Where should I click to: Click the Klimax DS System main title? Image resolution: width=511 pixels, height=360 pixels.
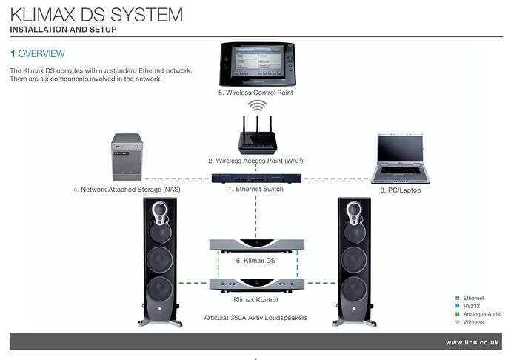point(96,14)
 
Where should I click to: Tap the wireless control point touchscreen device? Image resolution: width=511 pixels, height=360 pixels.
point(255,64)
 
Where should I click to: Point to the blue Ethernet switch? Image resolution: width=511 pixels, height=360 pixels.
point(255,178)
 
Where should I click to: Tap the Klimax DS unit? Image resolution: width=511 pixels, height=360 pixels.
point(255,244)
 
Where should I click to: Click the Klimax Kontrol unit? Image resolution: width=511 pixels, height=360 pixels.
point(255,284)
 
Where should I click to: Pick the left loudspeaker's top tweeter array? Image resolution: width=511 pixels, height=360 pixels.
point(161,216)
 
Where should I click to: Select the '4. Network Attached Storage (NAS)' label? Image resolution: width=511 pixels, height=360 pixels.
point(127,190)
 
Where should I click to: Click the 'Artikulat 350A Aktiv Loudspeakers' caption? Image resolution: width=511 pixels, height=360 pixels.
point(255,317)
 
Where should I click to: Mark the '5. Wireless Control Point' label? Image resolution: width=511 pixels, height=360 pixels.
point(255,93)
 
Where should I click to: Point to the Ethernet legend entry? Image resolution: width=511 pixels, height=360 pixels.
point(472,298)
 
